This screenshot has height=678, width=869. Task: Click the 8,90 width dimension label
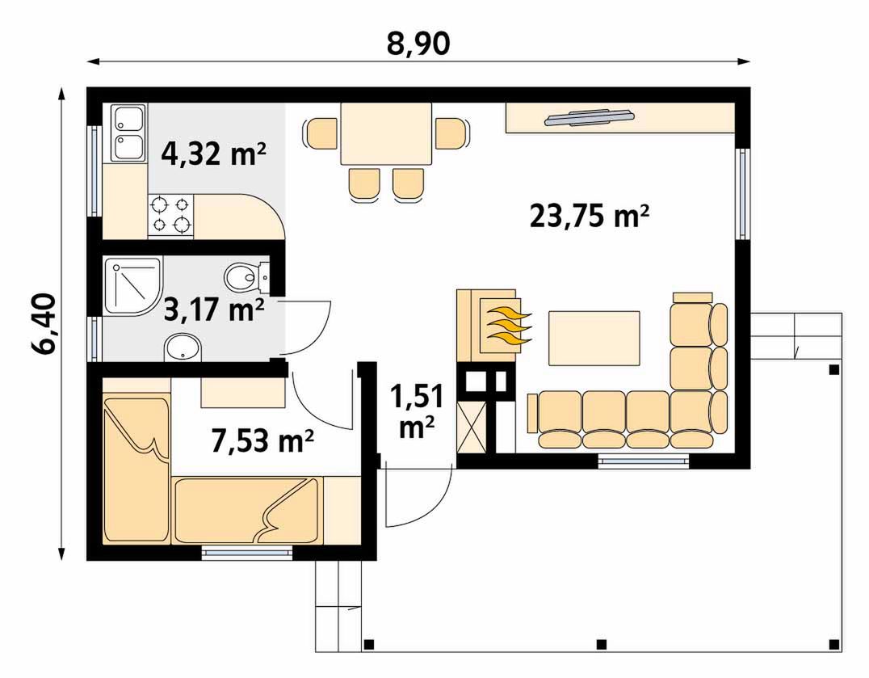(418, 44)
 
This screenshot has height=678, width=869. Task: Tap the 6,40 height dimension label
(44, 324)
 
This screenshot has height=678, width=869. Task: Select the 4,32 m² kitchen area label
(213, 154)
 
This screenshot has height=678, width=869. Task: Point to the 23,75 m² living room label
(589, 216)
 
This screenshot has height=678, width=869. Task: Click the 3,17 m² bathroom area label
(214, 310)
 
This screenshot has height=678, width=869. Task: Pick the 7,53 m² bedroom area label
(262, 440)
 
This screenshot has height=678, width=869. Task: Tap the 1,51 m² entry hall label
(417, 411)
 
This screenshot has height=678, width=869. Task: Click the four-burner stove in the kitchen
(170, 214)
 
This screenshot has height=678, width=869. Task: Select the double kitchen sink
(128, 133)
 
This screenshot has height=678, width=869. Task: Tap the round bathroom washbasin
(183, 347)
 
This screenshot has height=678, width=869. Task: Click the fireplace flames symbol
(508, 326)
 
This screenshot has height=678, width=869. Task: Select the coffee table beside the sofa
(594, 338)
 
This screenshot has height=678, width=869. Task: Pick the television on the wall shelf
(589, 117)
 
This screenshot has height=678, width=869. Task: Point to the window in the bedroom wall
(246, 553)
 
